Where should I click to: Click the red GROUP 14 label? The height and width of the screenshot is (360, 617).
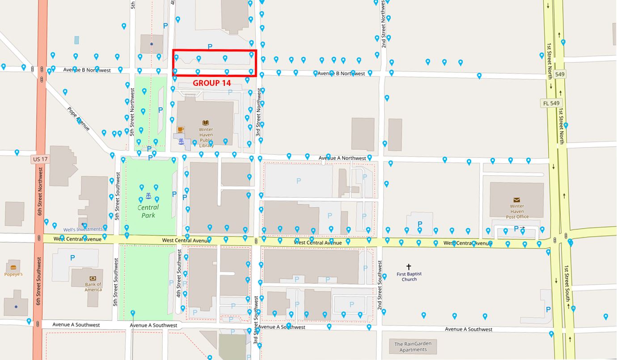coord(212,83)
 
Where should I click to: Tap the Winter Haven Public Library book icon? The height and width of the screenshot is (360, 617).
coord(206,123)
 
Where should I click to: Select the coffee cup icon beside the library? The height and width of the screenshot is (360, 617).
coord(180,130)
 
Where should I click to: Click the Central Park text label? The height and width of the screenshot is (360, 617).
coord(148,211)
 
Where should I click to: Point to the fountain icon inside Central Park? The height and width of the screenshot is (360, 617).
coord(148,196)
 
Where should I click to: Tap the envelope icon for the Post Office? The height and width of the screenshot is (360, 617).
coord(516,200)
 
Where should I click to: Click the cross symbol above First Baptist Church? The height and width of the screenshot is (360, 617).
coord(409,267)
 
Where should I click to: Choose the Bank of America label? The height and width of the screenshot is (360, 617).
coord(93,287)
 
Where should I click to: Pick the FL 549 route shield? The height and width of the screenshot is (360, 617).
coord(551,103)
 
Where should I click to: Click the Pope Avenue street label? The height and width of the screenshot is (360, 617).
coord(78,119)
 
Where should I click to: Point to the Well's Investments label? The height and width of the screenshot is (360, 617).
coord(83,229)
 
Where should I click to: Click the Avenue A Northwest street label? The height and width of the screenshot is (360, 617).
coord(342,158)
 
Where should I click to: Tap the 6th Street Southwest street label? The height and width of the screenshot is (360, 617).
coord(39,281)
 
